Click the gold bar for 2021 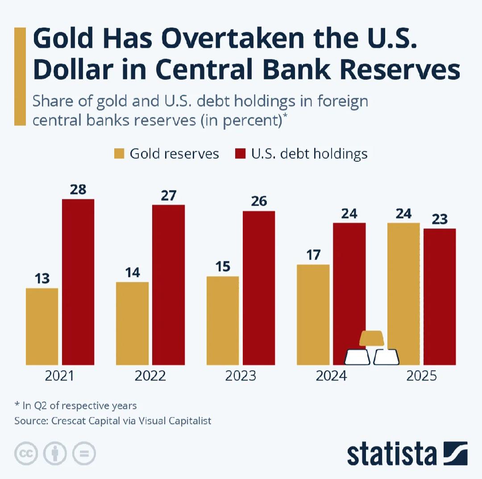(x=42, y=326)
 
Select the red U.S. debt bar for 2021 (x=78, y=282)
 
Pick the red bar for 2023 (x=259, y=288)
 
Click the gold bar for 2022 (x=132, y=323)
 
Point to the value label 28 (x=78, y=190)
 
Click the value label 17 (x=313, y=255)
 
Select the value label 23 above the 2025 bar (x=440, y=219)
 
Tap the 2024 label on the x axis (x=331, y=376)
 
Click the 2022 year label (x=150, y=376)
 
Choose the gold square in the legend (x=119, y=154)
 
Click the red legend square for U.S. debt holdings (x=240, y=154)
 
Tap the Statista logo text (x=391, y=454)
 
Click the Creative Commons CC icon (x=26, y=454)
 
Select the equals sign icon (x=84, y=454)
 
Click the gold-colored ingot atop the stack (x=371, y=339)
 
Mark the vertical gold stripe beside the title (x=20, y=76)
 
